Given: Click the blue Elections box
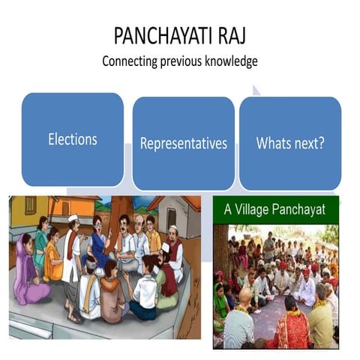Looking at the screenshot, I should tap(72, 139).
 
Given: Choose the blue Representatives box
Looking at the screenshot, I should tap(183, 142).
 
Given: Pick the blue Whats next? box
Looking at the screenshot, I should tap(289, 142).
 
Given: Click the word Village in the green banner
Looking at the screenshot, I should tap(265, 209).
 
